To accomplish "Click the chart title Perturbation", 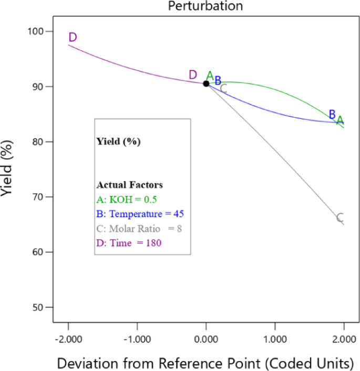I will [x=205, y=6].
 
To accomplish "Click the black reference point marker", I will [x=206, y=83].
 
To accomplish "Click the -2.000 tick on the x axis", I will [x=68, y=340].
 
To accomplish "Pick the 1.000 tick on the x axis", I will [x=275, y=340].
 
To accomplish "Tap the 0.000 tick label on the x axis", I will [x=206, y=340].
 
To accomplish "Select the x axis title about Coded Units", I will [x=205, y=363].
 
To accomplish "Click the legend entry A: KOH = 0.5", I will [x=127, y=200].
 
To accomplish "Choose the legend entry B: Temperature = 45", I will [x=140, y=214].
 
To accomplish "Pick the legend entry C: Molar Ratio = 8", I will [x=139, y=228].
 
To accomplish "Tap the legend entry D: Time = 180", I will [x=129, y=242].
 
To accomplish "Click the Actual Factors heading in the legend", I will [x=129, y=185].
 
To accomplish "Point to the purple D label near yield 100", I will [x=73, y=37].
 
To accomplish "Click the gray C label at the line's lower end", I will [x=340, y=218].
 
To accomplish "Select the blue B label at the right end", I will [x=332, y=115].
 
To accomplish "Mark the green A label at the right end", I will [x=340, y=120].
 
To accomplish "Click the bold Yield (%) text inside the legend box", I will [x=118, y=141].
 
